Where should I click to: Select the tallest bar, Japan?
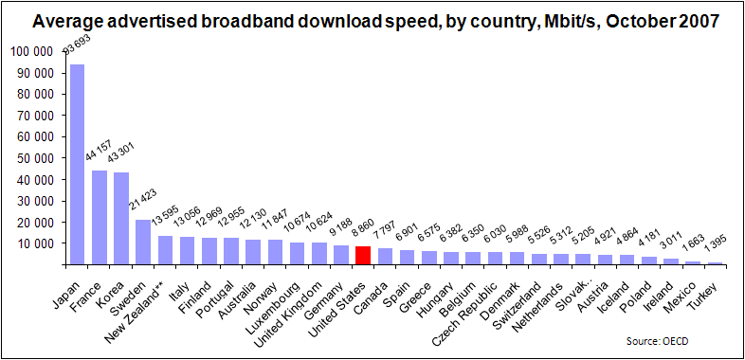click(x=77, y=165)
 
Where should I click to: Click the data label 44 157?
click(x=98, y=153)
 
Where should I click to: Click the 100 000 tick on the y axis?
click(x=32, y=50)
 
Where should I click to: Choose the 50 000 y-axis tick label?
click(x=35, y=157)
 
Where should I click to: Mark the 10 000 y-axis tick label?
click(x=35, y=243)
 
